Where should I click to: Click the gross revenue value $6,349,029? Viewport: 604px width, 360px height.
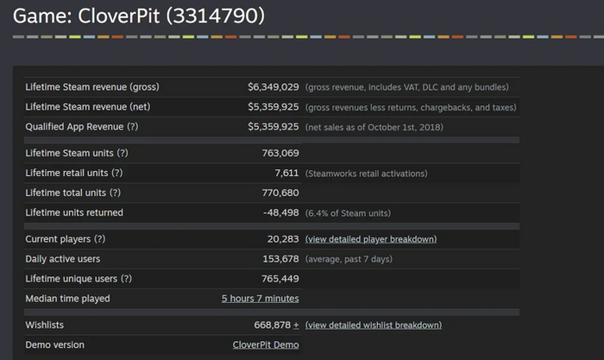pyautogui.click(x=273, y=87)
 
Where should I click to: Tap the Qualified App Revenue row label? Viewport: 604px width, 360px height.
pyautogui.click(x=82, y=127)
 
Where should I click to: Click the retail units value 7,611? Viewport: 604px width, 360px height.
pyautogui.click(x=286, y=174)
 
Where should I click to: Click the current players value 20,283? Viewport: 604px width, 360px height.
pyautogui.click(x=280, y=239)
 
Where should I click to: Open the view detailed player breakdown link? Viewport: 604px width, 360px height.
pyautogui.click(x=371, y=239)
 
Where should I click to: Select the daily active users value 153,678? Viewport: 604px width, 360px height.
pyautogui.click(x=278, y=259)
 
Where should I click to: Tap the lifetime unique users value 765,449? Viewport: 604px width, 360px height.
pyautogui.click(x=278, y=279)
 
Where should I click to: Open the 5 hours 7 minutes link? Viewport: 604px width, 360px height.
pyautogui.click(x=260, y=299)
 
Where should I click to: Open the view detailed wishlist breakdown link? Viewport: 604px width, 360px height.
pyautogui.click(x=374, y=325)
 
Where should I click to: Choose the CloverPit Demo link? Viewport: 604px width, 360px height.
pyautogui.click(x=266, y=345)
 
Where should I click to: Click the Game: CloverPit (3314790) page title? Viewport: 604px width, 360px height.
pyautogui.click(x=138, y=16)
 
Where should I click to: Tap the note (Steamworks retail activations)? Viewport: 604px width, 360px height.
pyautogui.click(x=367, y=174)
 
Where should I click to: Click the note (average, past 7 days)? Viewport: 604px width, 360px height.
pyautogui.click(x=349, y=259)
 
